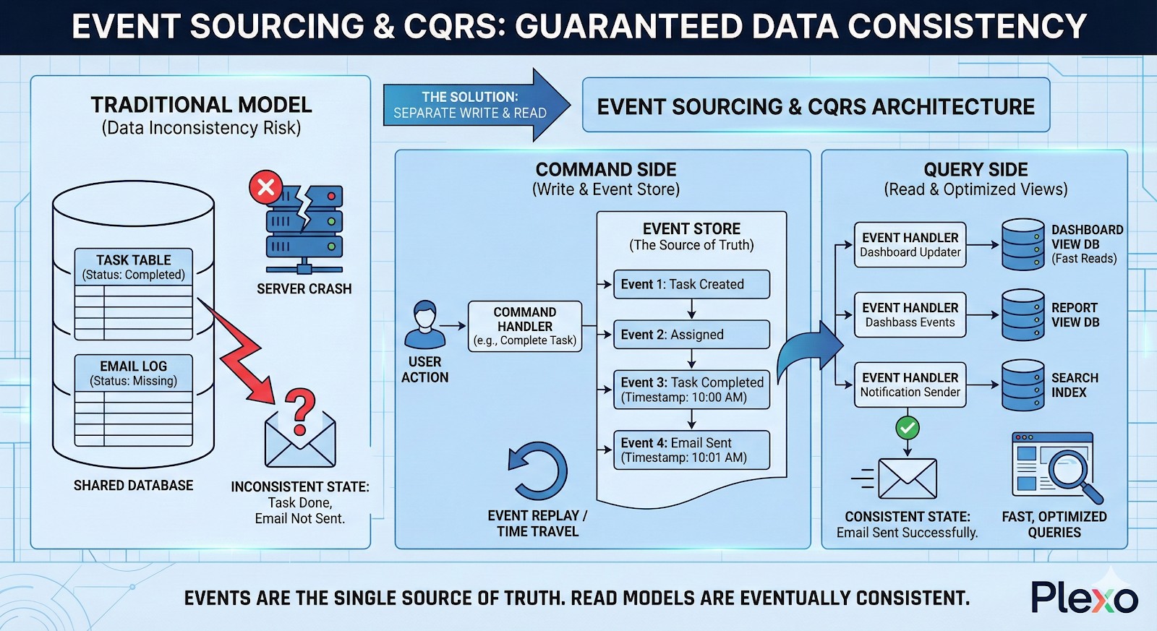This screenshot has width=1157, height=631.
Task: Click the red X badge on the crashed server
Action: tap(265, 187)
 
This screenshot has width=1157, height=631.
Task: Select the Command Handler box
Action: tap(524, 326)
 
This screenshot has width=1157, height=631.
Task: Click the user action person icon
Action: tap(424, 325)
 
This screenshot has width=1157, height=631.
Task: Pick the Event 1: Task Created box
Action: tap(691, 284)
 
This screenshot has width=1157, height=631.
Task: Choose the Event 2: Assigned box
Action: tap(691, 335)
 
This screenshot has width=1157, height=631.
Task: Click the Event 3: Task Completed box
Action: tap(691, 390)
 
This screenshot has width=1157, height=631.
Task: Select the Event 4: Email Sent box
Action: tap(691, 450)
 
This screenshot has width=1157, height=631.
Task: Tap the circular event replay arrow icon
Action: tap(537, 471)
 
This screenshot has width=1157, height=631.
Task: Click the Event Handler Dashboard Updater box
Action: tap(910, 244)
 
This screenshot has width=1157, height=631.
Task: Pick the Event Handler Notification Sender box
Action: tap(910, 385)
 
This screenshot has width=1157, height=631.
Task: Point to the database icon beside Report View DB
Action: tap(1022, 314)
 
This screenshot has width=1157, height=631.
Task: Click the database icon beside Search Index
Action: tap(1022, 385)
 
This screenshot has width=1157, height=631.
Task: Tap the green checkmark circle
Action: tap(908, 427)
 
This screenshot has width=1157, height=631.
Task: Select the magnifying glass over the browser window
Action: tap(1072, 471)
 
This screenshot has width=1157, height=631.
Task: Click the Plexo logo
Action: tap(1084, 598)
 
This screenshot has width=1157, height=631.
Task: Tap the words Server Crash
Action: tap(304, 288)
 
